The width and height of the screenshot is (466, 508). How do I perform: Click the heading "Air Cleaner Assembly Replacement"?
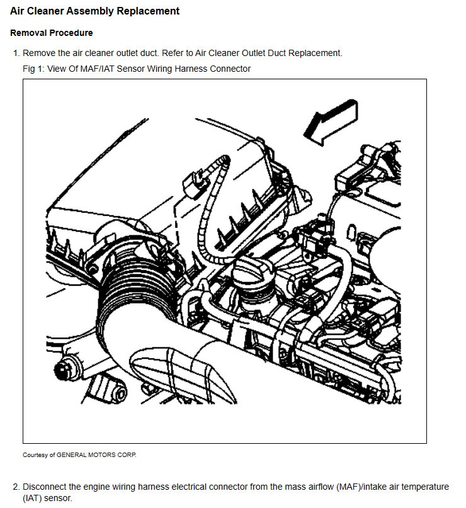pyautogui.click(x=95, y=11)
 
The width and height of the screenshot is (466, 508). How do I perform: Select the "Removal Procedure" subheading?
pyautogui.click(x=52, y=33)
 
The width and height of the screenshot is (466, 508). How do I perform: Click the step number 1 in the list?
pyautogui.click(x=15, y=54)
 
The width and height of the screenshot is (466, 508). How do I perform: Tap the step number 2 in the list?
pyautogui.click(x=15, y=487)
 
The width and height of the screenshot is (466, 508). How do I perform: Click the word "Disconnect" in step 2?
pyautogui.click(x=45, y=487)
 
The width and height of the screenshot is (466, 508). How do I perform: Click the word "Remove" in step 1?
pyautogui.click(x=39, y=54)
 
